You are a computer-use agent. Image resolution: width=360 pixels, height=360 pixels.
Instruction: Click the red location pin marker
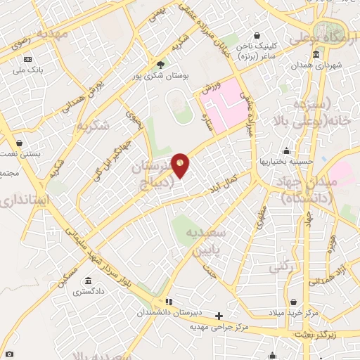click(x=181, y=165)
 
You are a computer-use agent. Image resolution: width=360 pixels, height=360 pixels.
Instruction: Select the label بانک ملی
click(x=29, y=70)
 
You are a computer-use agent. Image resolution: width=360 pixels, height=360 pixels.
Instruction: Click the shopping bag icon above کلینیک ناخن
click(x=258, y=35)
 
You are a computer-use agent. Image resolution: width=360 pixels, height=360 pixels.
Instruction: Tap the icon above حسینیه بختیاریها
click(x=286, y=151)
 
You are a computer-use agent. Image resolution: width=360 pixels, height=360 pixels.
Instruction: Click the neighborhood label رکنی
click(x=281, y=266)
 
